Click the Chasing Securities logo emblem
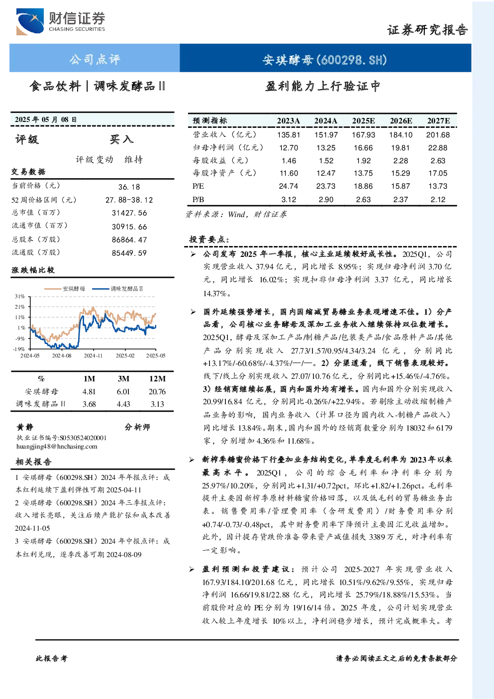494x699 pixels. click(30, 21)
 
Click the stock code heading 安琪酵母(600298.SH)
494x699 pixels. click(325, 60)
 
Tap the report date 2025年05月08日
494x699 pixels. click(46, 119)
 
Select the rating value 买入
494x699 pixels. click(121, 139)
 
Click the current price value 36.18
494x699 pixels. click(129, 187)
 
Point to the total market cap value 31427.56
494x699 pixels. click(129, 213)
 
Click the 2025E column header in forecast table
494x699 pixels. click(363, 121)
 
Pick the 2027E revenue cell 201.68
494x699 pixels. click(438, 135)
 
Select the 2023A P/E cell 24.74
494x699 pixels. click(289, 186)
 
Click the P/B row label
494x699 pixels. click(198, 200)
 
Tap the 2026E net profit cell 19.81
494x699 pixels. click(400, 147)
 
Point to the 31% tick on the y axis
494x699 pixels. click(20, 296)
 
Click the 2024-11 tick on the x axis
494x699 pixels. click(93, 355)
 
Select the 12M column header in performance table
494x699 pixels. click(157, 378)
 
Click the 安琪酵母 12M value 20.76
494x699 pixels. click(157, 392)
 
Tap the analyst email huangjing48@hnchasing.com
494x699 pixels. click(57, 447)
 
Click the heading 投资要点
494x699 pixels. click(209, 239)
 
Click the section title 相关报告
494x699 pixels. click(34, 462)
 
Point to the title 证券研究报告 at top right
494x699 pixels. click(427, 30)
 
